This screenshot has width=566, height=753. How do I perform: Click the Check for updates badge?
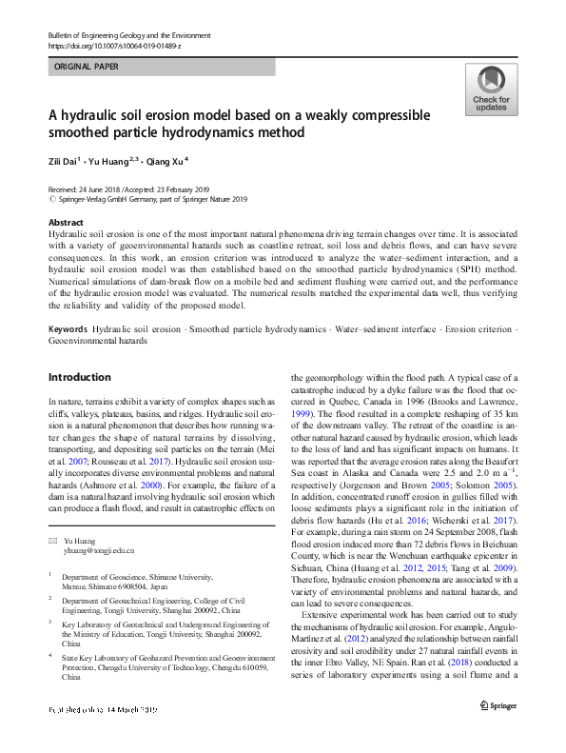point(490,90)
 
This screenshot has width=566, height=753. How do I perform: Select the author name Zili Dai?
point(65,162)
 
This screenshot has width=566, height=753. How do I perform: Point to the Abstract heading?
point(66,221)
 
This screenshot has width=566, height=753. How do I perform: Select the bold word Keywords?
point(68,328)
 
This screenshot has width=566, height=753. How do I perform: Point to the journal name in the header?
point(128,35)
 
